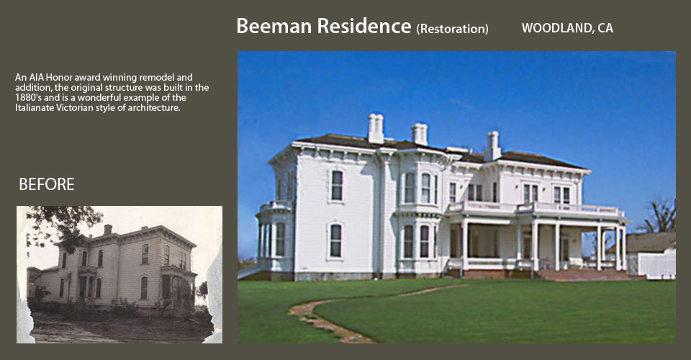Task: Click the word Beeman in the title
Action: [274, 26]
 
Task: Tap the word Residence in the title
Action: [364, 26]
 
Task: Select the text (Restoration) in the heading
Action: [452, 29]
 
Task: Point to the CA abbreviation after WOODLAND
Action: [605, 28]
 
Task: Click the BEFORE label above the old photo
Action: [47, 184]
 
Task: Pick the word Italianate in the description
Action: [35, 107]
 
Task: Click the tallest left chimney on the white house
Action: [376, 128]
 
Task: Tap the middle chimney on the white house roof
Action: [420, 134]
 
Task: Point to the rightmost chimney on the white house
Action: [492, 145]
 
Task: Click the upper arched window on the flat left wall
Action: [337, 186]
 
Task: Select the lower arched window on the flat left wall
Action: [336, 240]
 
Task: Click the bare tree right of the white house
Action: [659, 216]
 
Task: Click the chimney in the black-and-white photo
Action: [107, 229]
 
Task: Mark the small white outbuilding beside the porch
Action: [656, 264]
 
